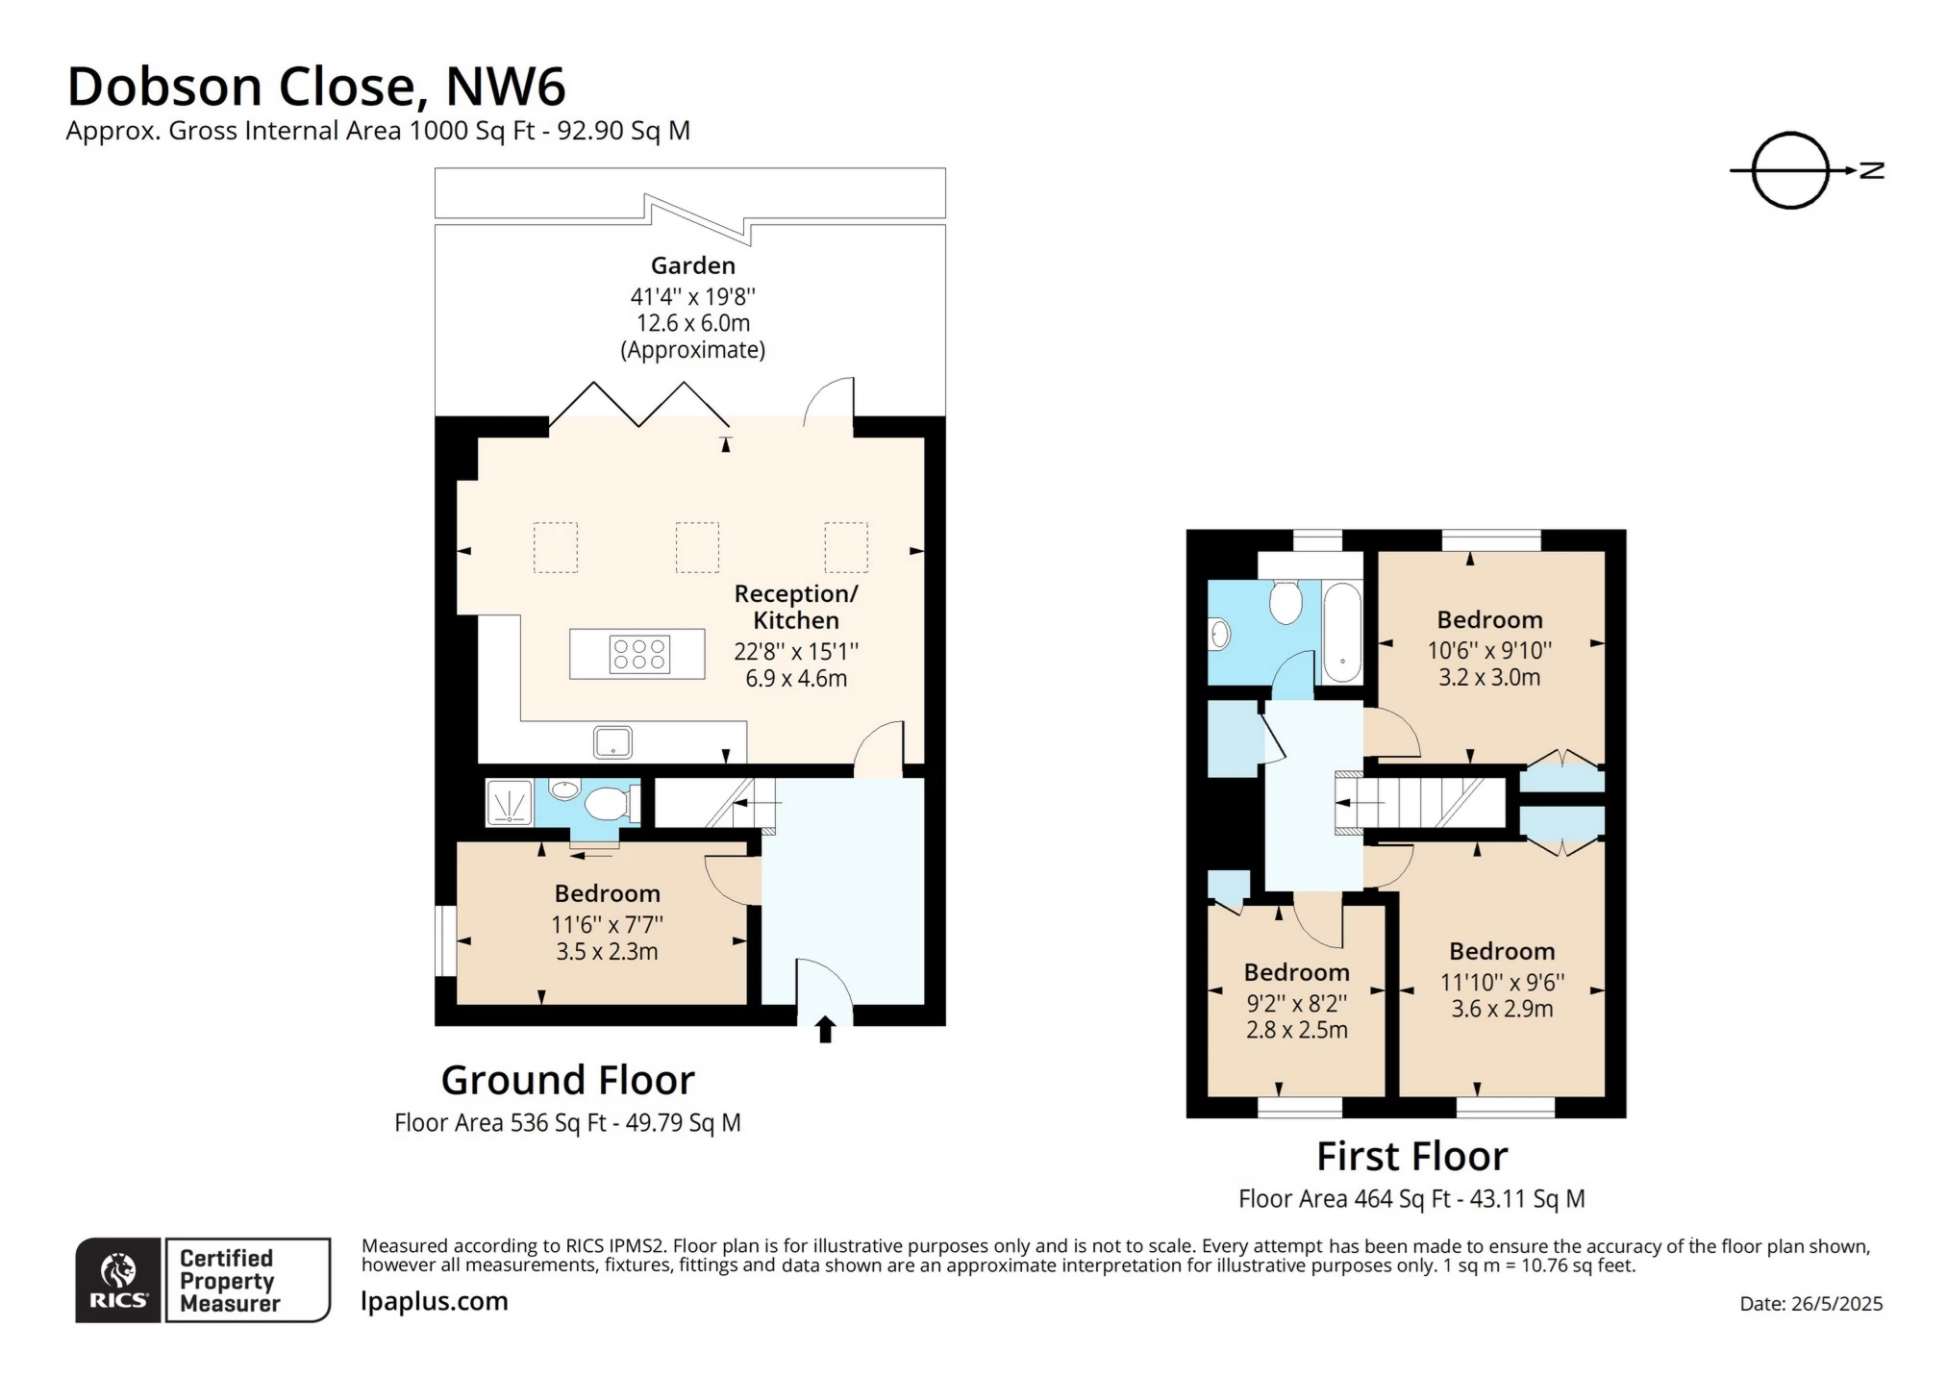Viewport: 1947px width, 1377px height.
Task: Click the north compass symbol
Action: coord(1790,170)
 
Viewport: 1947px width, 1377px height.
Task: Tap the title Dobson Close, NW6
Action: coord(316,86)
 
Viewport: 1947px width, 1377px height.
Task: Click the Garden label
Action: coord(692,265)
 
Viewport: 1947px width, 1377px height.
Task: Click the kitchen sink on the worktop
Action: coord(612,742)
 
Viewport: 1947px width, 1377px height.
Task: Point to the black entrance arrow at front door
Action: coord(825,1030)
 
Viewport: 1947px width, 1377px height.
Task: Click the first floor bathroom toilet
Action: coord(1286,602)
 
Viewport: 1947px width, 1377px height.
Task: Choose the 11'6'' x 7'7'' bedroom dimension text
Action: coord(607,924)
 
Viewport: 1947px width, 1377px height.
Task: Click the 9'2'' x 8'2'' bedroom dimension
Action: coord(1296,1003)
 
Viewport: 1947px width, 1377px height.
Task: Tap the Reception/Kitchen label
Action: coord(795,607)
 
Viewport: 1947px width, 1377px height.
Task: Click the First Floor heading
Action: coord(1410,1156)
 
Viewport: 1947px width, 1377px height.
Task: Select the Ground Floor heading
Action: coord(567,1080)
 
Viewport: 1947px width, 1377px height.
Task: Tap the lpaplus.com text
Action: coord(434,1301)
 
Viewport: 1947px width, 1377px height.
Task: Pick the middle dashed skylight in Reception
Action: coord(697,547)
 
